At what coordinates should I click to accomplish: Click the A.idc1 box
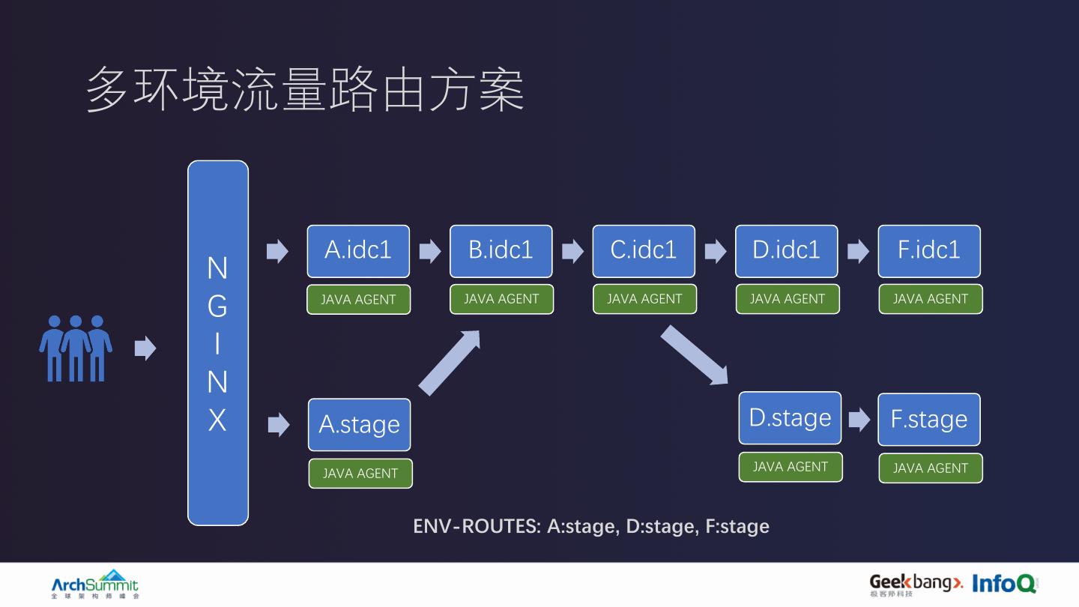coord(358,251)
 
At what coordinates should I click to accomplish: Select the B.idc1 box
coord(501,251)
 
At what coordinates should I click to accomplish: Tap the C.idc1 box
coord(644,251)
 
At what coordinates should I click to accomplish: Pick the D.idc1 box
coord(787,251)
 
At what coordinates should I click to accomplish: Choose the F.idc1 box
coord(929,251)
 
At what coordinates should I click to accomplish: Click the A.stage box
coord(360,424)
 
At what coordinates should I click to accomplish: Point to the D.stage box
coord(790,417)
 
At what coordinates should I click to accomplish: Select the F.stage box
coord(929,419)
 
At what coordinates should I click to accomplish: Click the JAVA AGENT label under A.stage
coord(360,474)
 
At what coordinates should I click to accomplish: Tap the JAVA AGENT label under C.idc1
coord(644,299)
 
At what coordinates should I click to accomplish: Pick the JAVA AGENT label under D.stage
coord(791,467)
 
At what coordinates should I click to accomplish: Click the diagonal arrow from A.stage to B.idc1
coord(450,363)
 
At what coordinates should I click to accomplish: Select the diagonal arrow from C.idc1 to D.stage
coord(694,355)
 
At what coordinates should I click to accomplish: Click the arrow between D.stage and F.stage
coord(859,419)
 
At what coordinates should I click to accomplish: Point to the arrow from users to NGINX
coord(145,348)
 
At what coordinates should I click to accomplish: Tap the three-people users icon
coord(76,348)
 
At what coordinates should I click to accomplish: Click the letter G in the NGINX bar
coord(217,306)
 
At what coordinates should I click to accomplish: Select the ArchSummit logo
coord(95,584)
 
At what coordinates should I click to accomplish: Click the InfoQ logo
coord(1004,583)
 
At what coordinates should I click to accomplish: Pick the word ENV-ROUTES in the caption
coord(477,526)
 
